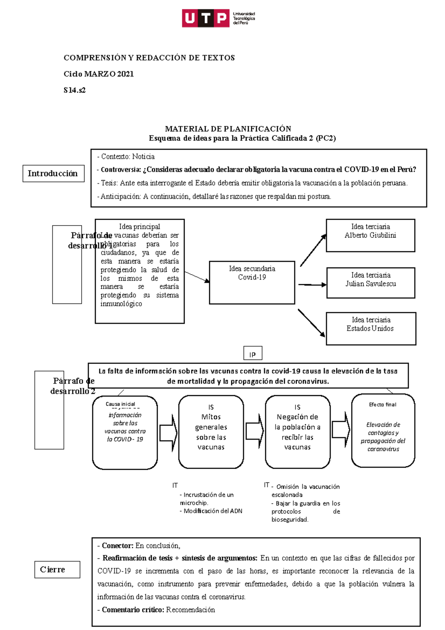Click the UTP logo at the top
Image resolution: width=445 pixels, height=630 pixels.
(218, 18)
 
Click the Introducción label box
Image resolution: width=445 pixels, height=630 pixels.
(53, 174)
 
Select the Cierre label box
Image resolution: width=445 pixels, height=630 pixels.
(57, 570)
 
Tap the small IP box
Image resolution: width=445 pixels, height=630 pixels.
(253, 354)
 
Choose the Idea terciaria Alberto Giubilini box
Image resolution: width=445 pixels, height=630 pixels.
(370, 236)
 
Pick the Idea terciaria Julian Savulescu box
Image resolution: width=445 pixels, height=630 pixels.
(370, 283)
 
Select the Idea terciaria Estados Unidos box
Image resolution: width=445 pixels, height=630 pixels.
(370, 329)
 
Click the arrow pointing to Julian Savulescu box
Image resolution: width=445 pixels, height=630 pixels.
(312, 285)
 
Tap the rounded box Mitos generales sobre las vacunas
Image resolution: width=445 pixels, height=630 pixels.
(211, 432)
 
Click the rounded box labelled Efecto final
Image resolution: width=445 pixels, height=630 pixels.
(383, 430)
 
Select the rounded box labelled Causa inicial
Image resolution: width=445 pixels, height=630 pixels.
(125, 433)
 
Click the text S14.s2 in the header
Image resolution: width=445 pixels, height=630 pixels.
(75, 90)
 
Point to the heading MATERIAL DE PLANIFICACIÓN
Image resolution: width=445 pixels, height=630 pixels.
(228, 129)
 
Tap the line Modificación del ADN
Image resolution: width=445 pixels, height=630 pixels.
(213, 511)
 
